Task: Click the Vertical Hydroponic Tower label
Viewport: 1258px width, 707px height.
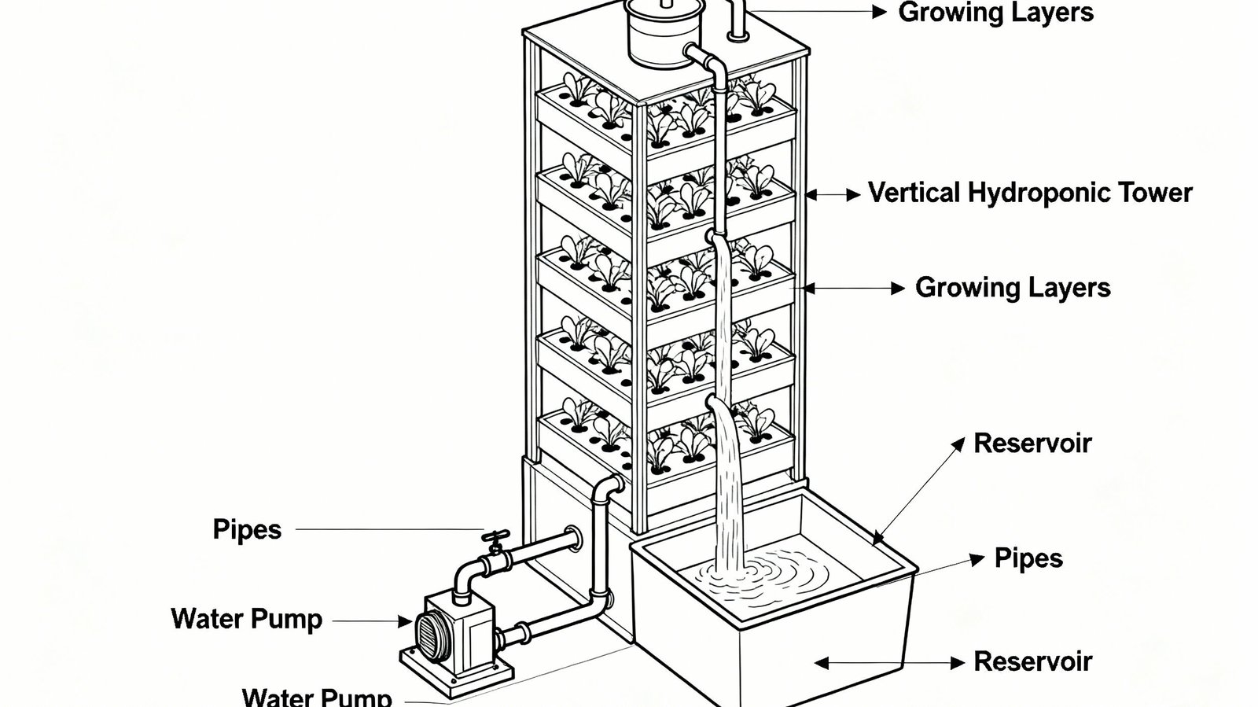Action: (1030, 193)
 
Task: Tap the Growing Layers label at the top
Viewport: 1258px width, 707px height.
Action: (995, 13)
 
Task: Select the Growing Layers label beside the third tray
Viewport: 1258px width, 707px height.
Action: (1013, 288)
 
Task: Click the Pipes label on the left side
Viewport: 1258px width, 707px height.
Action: (247, 530)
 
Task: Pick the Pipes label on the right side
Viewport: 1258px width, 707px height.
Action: (1028, 559)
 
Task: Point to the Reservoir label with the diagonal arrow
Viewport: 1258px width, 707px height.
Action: (1032, 444)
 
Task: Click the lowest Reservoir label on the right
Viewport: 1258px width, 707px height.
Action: (1032, 662)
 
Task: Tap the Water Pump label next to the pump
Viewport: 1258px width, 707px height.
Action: (247, 620)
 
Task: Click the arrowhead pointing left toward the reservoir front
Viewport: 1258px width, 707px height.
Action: (822, 663)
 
